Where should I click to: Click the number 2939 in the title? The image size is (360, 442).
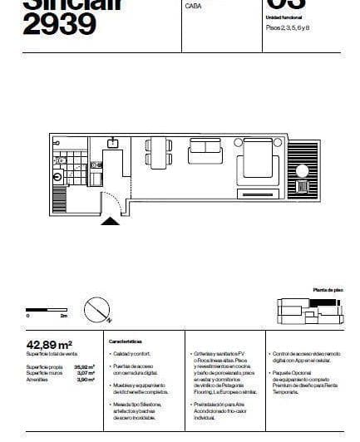click(60, 25)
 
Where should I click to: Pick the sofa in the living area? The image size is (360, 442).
click(205, 152)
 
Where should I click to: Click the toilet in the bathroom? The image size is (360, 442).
click(59, 176)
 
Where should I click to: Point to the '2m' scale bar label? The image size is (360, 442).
click(63, 317)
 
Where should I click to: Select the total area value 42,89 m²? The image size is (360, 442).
click(51, 343)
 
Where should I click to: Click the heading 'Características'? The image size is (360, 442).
click(126, 341)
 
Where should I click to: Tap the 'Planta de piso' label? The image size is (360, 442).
click(328, 290)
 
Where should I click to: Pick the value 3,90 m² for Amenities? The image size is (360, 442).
click(86, 379)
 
